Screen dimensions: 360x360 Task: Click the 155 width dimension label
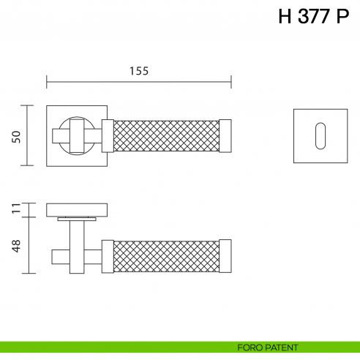139,71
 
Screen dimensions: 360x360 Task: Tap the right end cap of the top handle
225,136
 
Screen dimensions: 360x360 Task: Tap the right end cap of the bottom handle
225,256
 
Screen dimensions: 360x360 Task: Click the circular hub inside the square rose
75,136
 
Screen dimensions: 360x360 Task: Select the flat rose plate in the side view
76,209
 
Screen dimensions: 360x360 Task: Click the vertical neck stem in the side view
76,246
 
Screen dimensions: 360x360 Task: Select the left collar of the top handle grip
108,136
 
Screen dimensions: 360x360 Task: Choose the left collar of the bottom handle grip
108,256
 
